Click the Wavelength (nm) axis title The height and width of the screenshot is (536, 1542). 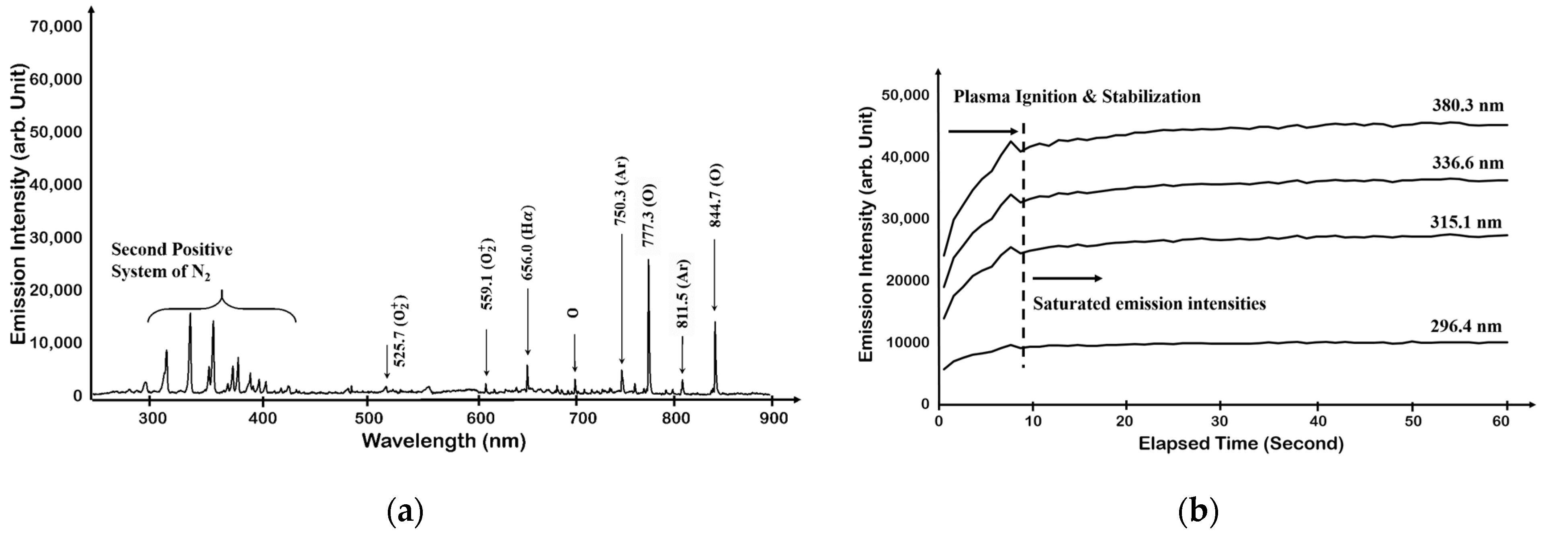tap(444, 442)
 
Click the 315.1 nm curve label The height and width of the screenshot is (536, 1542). tap(1466, 222)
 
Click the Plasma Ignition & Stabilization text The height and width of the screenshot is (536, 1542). tap(1077, 96)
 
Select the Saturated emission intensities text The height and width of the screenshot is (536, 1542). tap(1149, 304)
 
